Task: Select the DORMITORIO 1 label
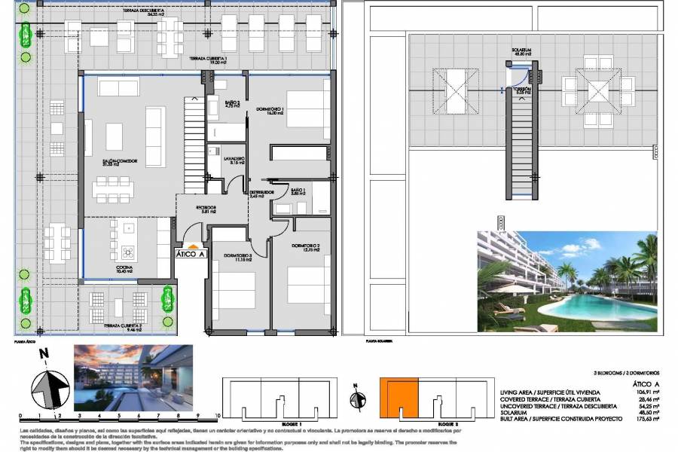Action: point(270,109)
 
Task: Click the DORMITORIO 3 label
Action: point(237,256)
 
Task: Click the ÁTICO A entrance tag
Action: point(191,254)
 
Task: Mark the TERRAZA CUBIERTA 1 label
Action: point(209,60)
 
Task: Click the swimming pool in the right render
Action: point(595,305)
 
